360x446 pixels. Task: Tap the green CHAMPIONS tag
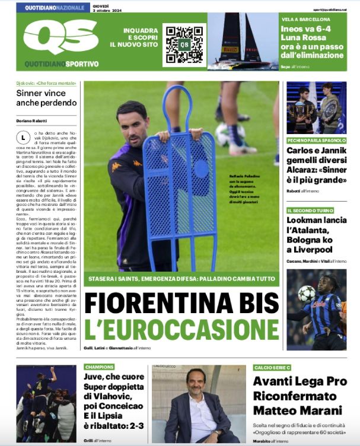point(99,367)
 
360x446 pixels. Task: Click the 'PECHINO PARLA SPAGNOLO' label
point(316,141)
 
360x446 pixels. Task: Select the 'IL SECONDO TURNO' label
point(308,211)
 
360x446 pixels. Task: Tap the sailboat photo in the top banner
point(243,42)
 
